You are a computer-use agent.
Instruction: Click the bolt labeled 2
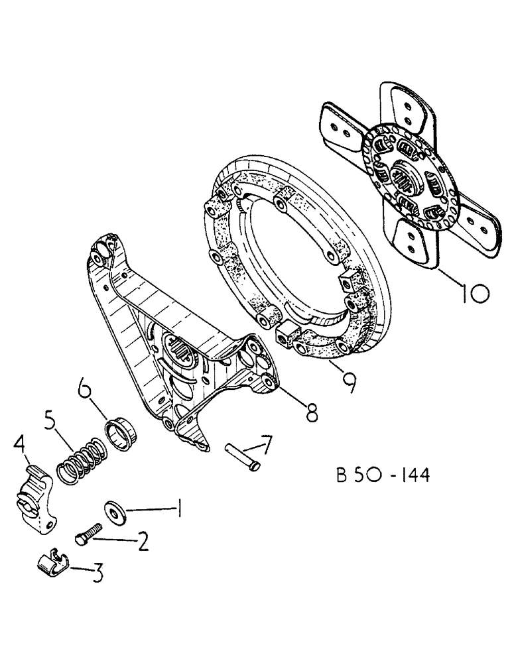88,534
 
